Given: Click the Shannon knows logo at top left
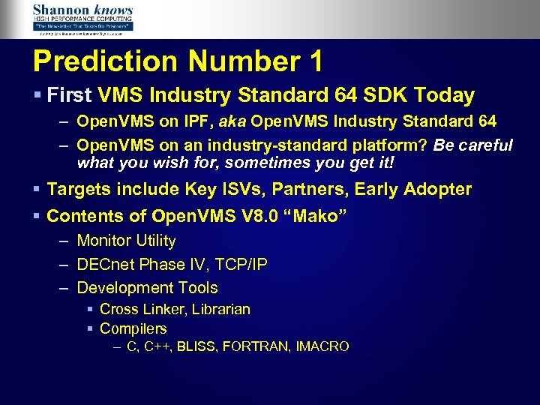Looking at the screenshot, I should pos(82,19).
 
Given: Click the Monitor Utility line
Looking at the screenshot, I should pos(126,241).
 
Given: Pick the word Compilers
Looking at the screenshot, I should pos(133,329).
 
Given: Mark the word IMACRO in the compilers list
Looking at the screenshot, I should pos(323,346).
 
